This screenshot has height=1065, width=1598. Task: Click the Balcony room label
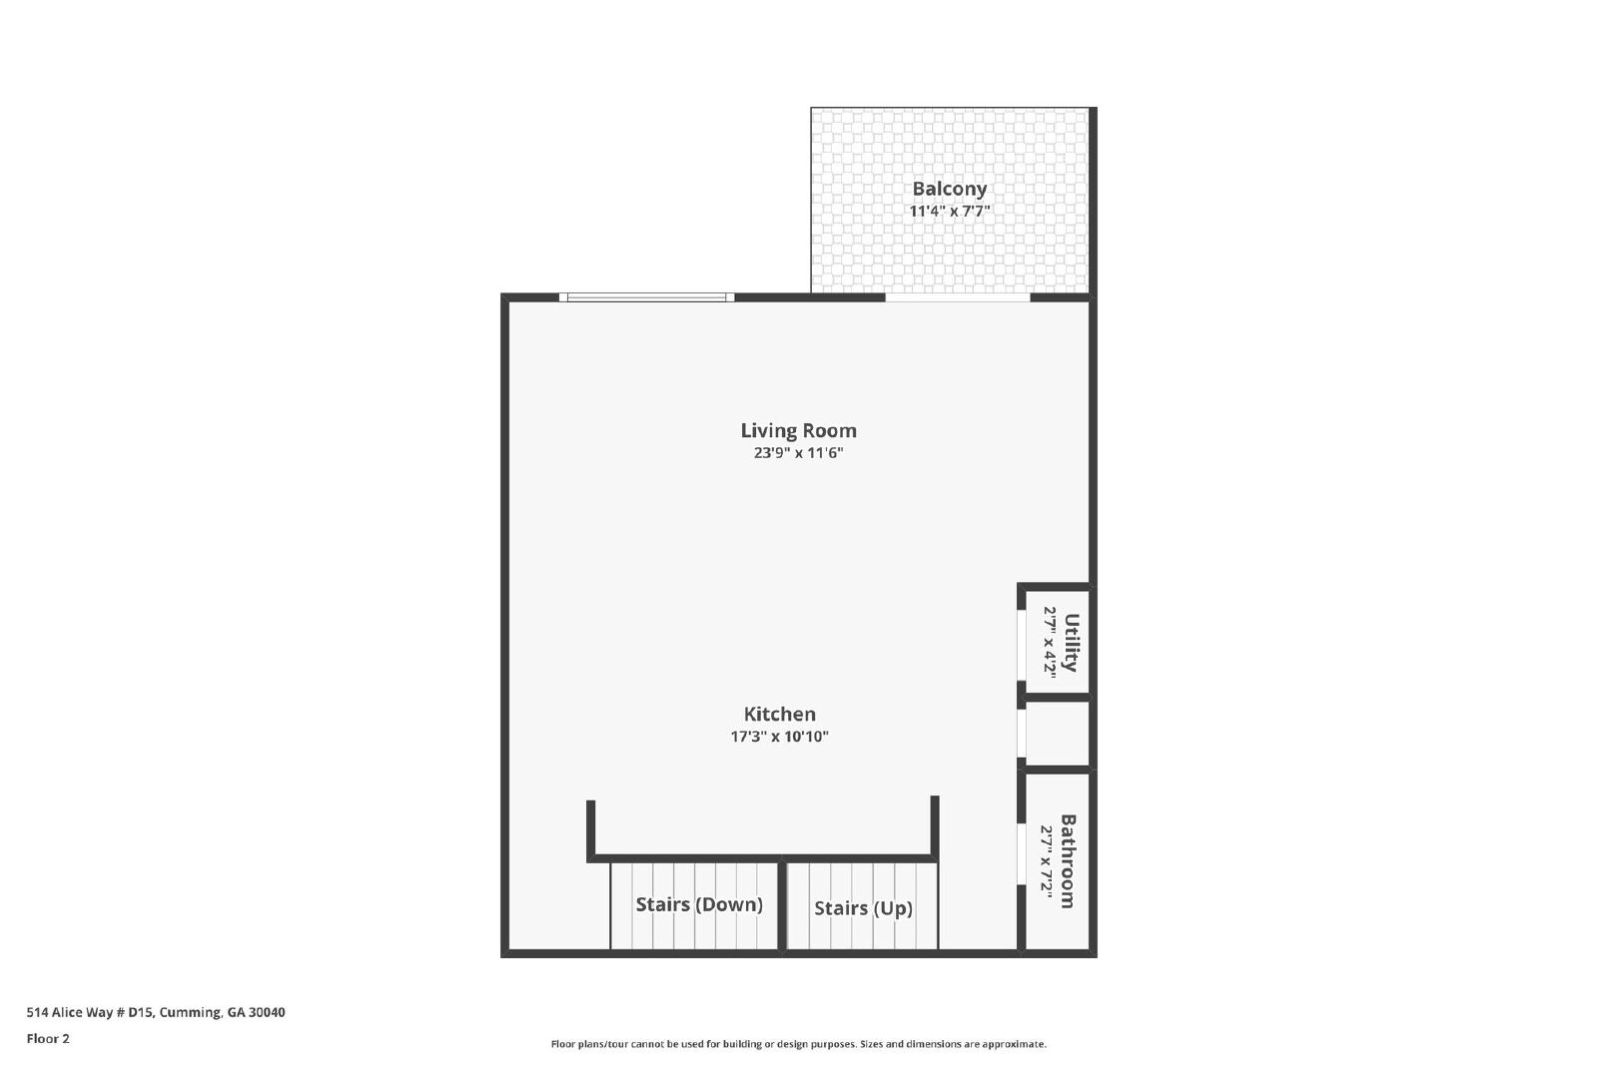(950, 189)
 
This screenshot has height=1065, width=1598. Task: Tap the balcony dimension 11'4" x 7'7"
(950, 211)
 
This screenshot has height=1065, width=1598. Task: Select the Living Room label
(798, 430)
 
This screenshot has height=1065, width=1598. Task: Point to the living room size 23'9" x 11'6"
(798, 453)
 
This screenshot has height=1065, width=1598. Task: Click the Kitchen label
(780, 714)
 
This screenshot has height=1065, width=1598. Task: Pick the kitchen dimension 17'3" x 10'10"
(780, 737)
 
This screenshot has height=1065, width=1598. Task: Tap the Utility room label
(1071, 642)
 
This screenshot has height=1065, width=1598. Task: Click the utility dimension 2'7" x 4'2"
(1050, 642)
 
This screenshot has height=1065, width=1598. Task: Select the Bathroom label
(1068, 861)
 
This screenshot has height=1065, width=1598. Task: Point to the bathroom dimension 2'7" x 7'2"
(1046, 861)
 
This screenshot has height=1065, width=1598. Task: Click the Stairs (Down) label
(699, 904)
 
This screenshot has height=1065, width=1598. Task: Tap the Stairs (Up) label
(863, 908)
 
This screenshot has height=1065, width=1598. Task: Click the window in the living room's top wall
(646, 297)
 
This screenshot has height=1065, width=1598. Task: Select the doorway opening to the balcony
(958, 297)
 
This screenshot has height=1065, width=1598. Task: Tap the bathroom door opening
(1021, 854)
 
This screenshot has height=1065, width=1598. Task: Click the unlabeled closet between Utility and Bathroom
(1058, 735)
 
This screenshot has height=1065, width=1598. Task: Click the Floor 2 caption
(48, 1039)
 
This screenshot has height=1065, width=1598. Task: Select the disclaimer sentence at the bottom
(798, 1044)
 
